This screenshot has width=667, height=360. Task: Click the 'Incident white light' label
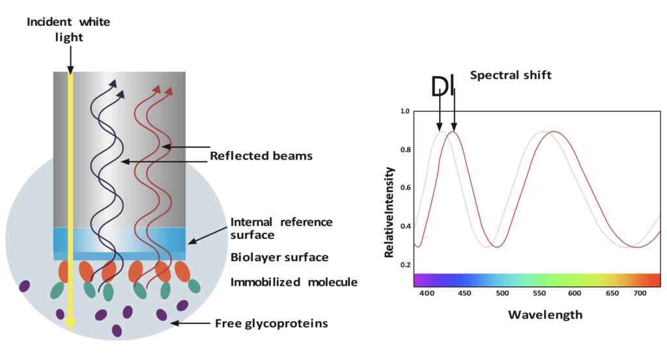(x=68, y=29)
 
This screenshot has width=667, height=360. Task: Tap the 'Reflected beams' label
(x=261, y=156)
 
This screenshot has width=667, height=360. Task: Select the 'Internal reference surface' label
(x=281, y=228)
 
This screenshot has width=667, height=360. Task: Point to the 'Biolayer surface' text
(x=279, y=257)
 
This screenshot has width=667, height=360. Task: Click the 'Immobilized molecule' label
(x=294, y=283)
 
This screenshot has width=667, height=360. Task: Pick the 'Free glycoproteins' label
(x=272, y=324)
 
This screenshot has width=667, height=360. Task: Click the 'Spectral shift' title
(x=511, y=76)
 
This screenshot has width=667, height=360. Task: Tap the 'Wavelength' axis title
(x=545, y=315)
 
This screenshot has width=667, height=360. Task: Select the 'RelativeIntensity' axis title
(x=390, y=212)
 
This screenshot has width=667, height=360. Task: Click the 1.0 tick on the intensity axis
(x=405, y=111)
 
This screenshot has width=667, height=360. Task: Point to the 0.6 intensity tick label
(x=405, y=188)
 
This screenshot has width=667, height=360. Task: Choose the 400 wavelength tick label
(x=427, y=293)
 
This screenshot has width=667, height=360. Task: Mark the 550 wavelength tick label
(x=539, y=293)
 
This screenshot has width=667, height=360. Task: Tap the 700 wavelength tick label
(x=640, y=293)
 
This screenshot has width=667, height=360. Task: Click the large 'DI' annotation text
(x=442, y=87)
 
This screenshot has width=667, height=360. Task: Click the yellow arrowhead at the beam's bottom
(x=70, y=324)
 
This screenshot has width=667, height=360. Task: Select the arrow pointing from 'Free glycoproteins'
(x=190, y=324)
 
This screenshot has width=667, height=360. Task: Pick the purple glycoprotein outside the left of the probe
(x=25, y=286)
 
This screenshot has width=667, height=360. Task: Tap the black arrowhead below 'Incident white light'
(x=70, y=70)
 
